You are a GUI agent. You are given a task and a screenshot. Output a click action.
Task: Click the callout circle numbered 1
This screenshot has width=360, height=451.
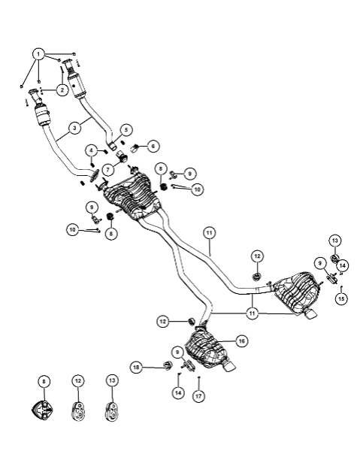[x=38, y=54]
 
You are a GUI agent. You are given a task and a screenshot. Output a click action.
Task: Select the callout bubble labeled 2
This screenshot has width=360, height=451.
[x=62, y=90]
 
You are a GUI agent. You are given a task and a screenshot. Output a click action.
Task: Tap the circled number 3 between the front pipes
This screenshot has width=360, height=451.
[x=74, y=128]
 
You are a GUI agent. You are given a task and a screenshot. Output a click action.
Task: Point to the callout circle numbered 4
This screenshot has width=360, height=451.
[x=92, y=150]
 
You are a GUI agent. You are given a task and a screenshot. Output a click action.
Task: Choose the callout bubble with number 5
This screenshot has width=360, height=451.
[x=126, y=130]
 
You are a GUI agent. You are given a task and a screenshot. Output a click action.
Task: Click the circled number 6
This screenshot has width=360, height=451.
[x=153, y=146]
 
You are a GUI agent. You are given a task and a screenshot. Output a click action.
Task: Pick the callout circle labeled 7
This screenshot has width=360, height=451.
[x=107, y=170]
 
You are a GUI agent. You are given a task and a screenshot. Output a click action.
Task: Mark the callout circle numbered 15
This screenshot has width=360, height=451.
[x=341, y=298]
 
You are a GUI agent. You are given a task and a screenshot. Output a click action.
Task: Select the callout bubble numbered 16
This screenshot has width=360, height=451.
[x=241, y=341]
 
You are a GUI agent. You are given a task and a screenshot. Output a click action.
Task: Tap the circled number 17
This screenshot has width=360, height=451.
[x=198, y=396]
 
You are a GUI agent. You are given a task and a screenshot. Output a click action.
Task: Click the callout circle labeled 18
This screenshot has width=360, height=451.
[x=136, y=368]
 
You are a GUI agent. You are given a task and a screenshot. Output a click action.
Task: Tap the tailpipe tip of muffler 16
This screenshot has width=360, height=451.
[x=228, y=365]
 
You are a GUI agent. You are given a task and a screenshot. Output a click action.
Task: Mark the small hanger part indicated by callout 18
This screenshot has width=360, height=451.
[x=168, y=365]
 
